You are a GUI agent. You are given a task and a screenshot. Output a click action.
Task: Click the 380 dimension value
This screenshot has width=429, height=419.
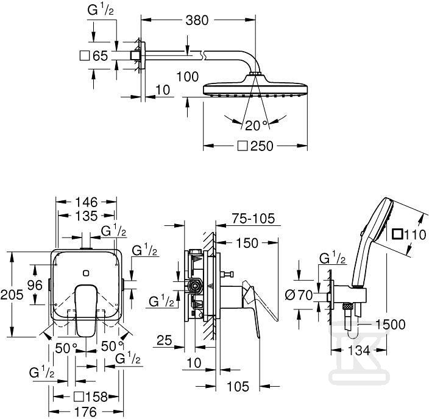point(197,20)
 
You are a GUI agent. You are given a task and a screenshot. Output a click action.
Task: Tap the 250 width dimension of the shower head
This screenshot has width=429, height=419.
point(262,146)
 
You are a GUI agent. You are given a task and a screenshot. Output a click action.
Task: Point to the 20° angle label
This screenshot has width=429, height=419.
point(256,125)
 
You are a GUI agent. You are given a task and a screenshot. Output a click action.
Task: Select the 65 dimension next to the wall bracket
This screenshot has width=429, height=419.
point(100,56)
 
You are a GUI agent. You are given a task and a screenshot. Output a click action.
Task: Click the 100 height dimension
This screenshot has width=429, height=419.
point(188,77)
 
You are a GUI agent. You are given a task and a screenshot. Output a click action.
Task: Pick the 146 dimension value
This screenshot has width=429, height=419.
point(86,202)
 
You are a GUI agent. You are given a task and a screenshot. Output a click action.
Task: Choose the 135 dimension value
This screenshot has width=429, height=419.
point(86,216)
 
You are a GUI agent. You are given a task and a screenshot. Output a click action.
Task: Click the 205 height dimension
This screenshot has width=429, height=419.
point(12,295)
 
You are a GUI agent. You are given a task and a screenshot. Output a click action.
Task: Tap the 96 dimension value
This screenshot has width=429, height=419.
point(35,286)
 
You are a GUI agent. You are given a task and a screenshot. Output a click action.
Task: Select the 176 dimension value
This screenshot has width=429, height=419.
point(86,412)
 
